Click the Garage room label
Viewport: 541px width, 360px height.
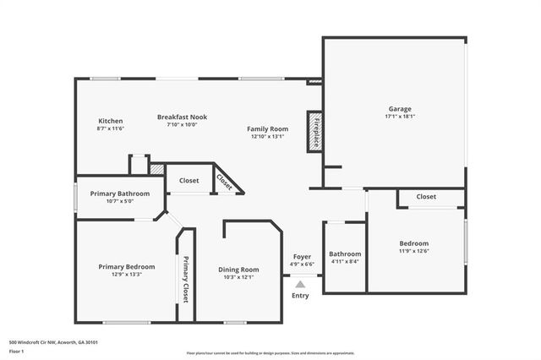click(x=400, y=108)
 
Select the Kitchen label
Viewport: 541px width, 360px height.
click(x=111, y=121)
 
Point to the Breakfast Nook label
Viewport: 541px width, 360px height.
click(x=182, y=117)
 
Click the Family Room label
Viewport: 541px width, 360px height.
click(x=267, y=128)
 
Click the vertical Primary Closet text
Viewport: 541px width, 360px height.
click(x=186, y=279)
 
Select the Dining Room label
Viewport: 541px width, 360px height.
click(x=238, y=270)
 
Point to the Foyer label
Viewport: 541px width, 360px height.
click(x=302, y=257)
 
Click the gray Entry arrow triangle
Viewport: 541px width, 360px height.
click(x=300, y=285)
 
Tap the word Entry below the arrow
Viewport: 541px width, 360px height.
click(x=300, y=296)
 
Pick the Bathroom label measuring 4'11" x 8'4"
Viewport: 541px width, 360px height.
click(x=345, y=254)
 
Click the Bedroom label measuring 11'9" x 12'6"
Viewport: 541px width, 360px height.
click(x=414, y=243)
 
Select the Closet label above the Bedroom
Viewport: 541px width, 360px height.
click(x=426, y=197)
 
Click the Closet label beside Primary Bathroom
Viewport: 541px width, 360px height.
click(x=189, y=180)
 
